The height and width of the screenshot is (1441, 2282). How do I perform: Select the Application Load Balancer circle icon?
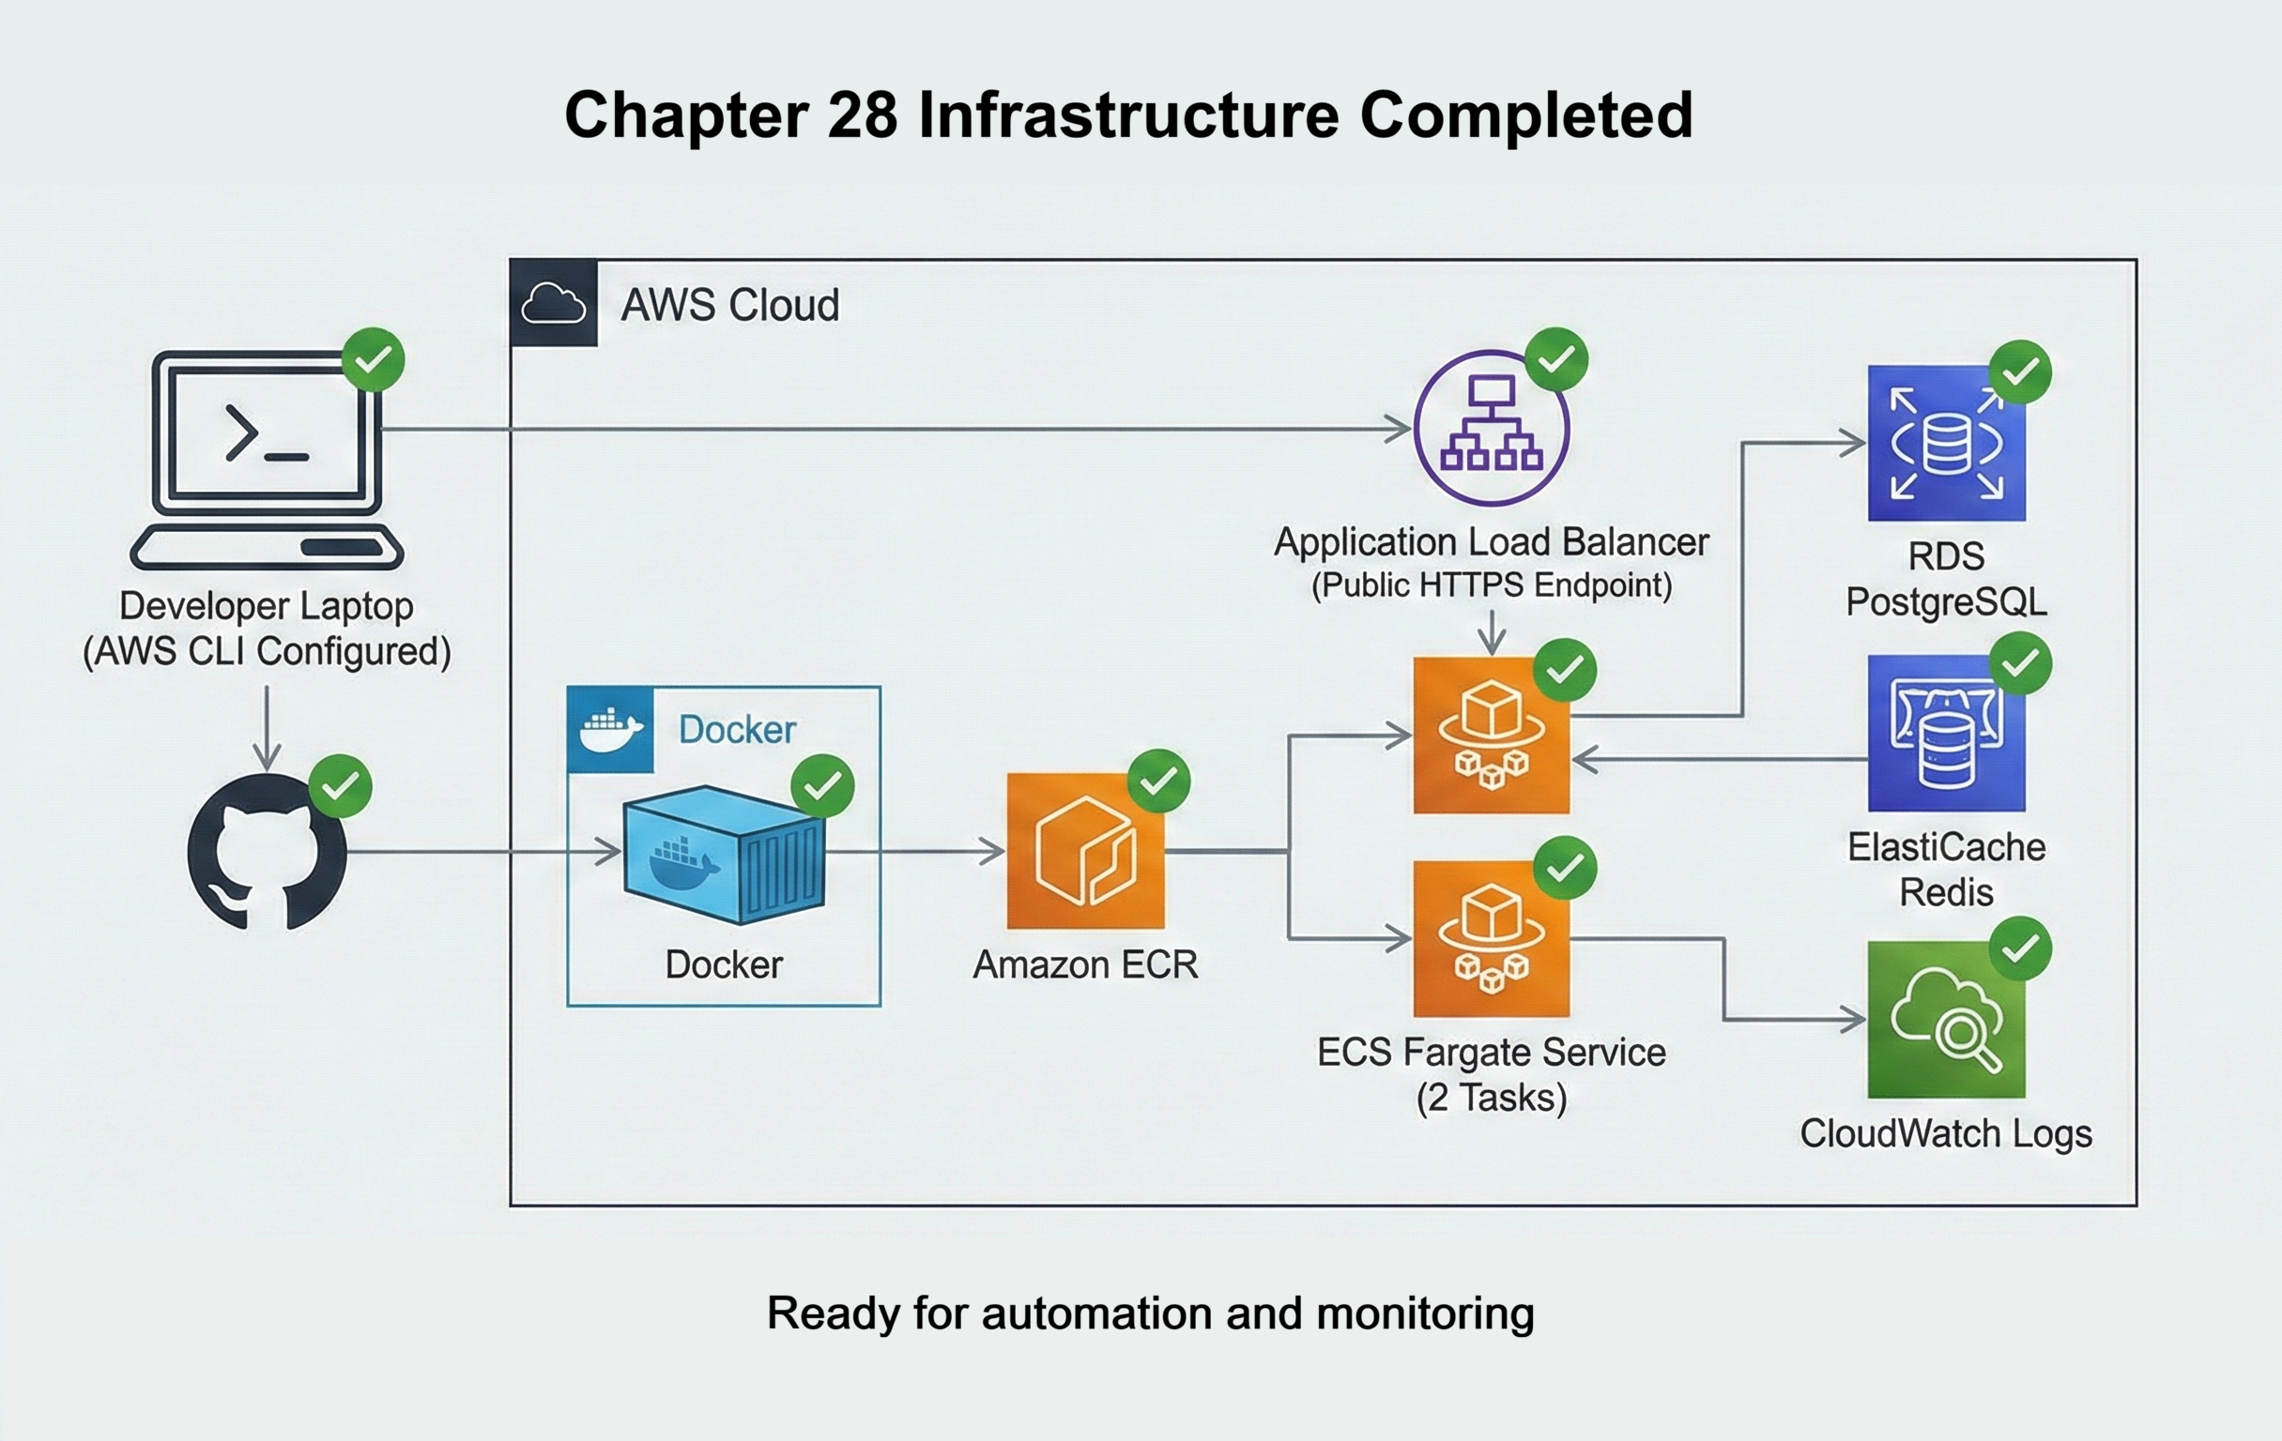click(x=1491, y=428)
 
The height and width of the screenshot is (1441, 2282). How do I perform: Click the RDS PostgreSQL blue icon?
click(x=1946, y=444)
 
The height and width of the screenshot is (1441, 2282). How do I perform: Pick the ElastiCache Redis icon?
click(x=1946, y=734)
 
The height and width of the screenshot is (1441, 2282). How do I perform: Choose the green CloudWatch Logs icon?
click(x=1946, y=1020)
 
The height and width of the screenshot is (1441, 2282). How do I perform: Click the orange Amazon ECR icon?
click(x=1085, y=851)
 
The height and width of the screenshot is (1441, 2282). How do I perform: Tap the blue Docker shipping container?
click(x=724, y=855)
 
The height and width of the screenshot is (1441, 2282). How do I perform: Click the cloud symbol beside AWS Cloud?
click(x=554, y=303)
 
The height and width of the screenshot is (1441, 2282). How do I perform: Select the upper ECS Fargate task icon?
click(x=1491, y=736)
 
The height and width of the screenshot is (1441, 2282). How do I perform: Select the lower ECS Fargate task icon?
click(x=1491, y=938)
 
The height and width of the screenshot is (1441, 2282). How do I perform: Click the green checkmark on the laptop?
click(x=374, y=359)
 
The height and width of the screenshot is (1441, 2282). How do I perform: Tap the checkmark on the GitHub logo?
click(x=340, y=785)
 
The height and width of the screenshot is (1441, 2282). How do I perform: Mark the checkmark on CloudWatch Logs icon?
click(x=2019, y=948)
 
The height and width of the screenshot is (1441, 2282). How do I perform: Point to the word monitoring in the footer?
click(x=1424, y=1313)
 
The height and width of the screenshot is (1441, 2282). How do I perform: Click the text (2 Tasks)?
click(x=1491, y=1098)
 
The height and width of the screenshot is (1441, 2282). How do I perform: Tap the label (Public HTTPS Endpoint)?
click(x=1491, y=584)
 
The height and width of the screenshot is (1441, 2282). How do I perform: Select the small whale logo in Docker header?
click(x=610, y=730)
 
